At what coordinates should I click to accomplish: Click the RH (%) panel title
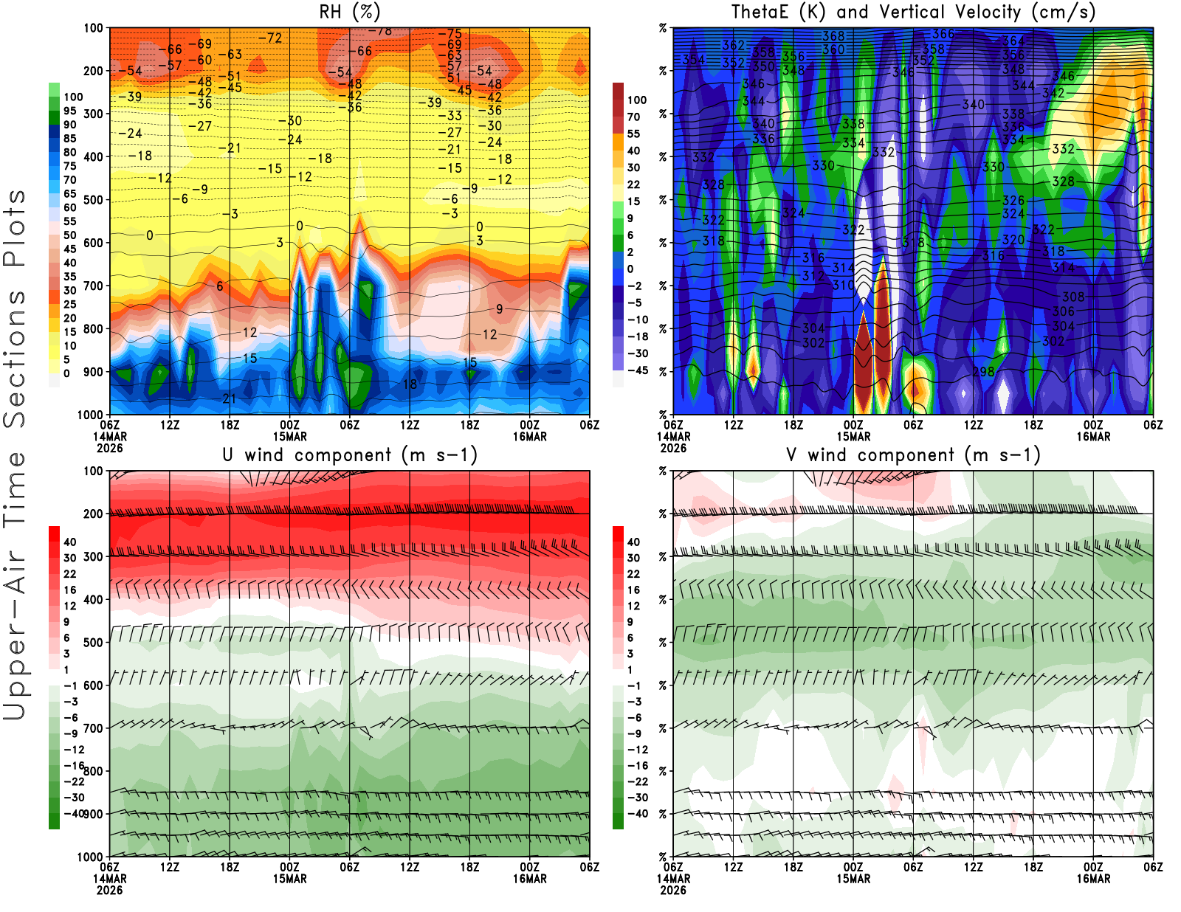349,12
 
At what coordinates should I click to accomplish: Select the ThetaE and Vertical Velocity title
913,12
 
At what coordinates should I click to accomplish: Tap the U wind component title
350,455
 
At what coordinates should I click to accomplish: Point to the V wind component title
913,455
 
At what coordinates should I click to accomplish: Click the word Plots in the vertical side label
15,229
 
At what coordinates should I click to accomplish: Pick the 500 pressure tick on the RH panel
94,200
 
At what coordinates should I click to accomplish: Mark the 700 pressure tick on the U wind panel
94,728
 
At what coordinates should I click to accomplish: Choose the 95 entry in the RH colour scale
70,111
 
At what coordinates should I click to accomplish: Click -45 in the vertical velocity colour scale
637,370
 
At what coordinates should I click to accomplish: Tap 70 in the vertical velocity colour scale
633,117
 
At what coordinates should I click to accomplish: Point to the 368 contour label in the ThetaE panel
833,36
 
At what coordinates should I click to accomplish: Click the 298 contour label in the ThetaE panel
983,372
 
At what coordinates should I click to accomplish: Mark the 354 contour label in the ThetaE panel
693,60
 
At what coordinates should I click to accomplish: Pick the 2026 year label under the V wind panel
673,890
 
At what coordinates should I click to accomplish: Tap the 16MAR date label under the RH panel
530,436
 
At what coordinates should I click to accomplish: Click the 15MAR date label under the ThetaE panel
853,436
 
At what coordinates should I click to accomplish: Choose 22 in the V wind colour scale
633,574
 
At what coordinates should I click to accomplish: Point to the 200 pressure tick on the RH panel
94,71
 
